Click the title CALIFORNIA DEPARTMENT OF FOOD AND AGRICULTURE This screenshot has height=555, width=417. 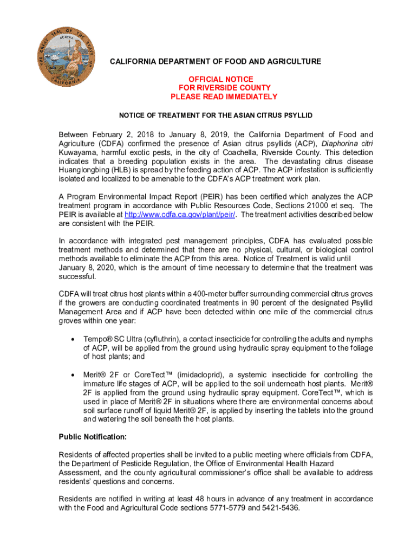[216, 62]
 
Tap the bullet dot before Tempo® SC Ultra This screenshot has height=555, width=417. [73, 340]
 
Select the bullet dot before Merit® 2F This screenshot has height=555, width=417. [73, 375]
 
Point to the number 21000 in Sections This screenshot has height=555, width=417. [298, 206]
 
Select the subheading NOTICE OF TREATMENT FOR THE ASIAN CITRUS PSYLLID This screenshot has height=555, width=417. [216, 115]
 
